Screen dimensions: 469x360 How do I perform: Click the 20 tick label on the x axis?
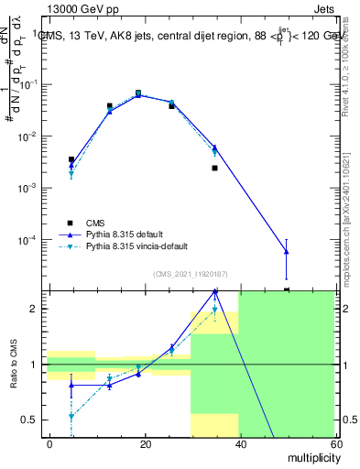pyautogui.click(x=145, y=442)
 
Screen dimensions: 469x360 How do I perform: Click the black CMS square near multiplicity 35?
pyautogui.click(x=214, y=168)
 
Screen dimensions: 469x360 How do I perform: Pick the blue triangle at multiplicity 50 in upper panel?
pyautogui.click(x=287, y=251)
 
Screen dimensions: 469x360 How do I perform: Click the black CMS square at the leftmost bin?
pyautogui.click(x=71, y=159)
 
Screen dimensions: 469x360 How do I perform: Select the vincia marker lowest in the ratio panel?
pyautogui.click(x=71, y=416)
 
